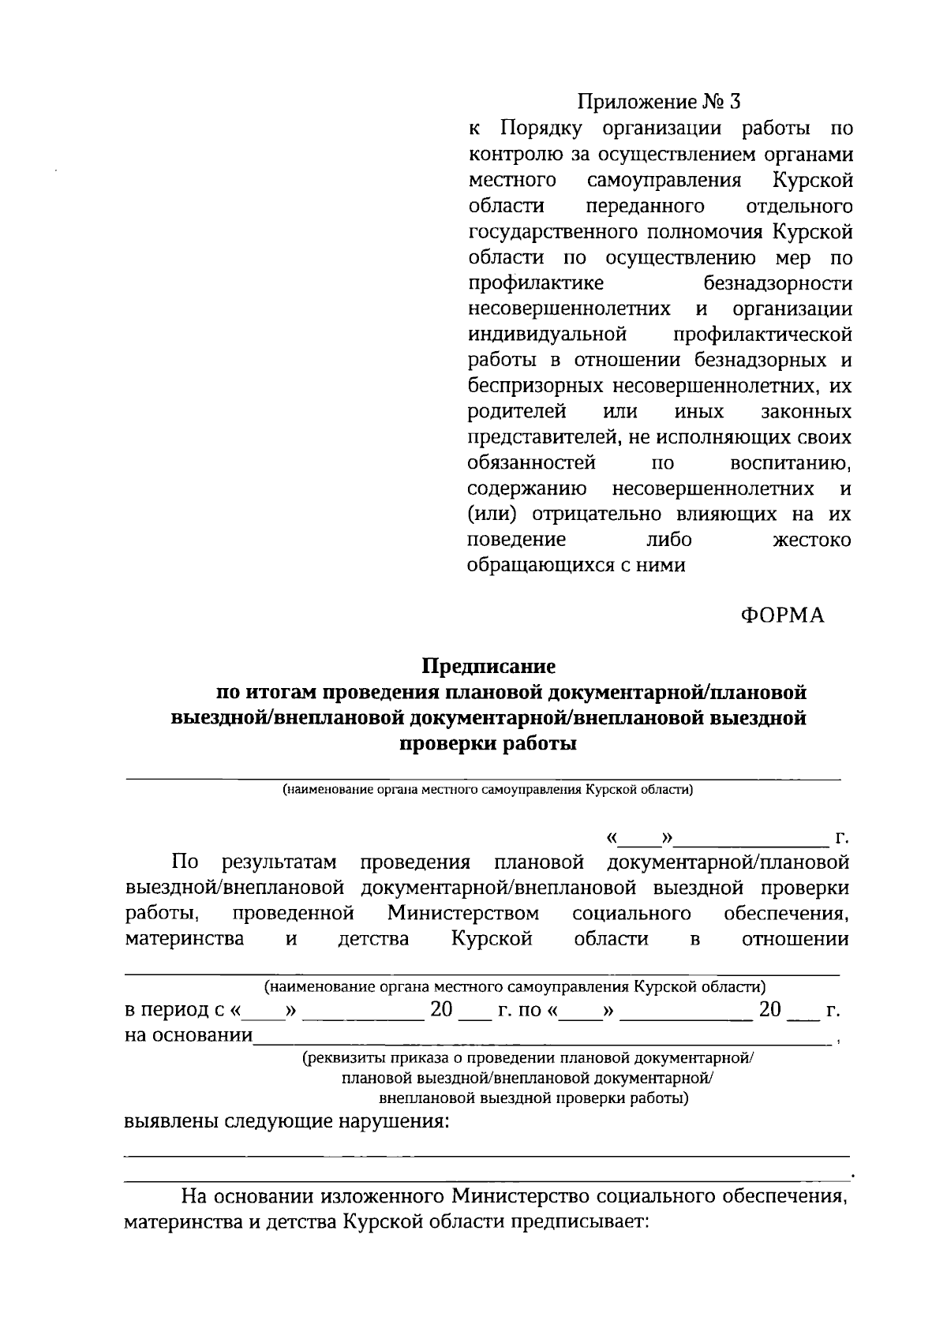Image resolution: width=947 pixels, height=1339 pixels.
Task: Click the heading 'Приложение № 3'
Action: click(660, 103)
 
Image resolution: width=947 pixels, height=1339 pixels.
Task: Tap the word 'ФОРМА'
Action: click(782, 615)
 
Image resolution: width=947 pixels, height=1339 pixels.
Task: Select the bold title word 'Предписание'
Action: click(488, 667)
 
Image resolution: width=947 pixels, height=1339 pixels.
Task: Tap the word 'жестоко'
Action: click(810, 540)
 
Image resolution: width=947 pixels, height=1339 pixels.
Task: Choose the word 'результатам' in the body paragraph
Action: click(280, 862)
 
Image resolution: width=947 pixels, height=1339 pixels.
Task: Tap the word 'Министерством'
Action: click(464, 914)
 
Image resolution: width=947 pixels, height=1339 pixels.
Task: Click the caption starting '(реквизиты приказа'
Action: click(529, 1059)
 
